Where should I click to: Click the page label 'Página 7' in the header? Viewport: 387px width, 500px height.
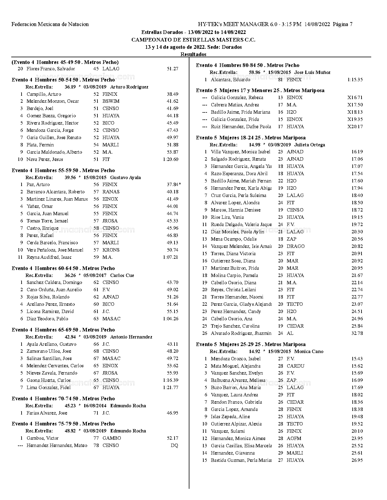pyautogui.click(x=343, y=24)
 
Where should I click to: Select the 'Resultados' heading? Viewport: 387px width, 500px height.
pyautogui.click(x=193, y=55)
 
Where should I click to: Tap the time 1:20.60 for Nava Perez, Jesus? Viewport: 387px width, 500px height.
pyautogui.click(x=171, y=159)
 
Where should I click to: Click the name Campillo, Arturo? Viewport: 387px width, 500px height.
pyautogui.click(x=44, y=94)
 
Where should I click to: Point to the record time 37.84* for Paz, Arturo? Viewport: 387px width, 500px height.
pyautogui.click(x=174, y=185)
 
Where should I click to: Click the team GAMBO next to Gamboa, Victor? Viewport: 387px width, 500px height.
pyautogui.click(x=112, y=438)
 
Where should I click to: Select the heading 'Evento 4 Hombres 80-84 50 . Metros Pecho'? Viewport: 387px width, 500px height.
pyautogui.click(x=247, y=65)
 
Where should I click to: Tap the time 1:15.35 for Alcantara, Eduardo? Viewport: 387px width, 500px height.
pyautogui.click(x=355, y=80)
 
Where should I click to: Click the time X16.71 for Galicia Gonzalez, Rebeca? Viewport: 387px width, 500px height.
pyautogui.click(x=355, y=98)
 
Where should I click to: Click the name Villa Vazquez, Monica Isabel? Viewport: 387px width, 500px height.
pyautogui.click(x=240, y=152)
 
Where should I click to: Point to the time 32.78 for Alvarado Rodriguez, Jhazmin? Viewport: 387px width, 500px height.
pyautogui.click(x=357, y=333)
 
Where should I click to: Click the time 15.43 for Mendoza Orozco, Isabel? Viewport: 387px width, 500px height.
pyautogui.click(x=357, y=359)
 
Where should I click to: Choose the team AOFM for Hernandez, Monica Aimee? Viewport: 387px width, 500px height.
pyautogui.click(x=294, y=438)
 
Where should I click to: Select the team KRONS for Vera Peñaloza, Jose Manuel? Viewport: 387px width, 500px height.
pyautogui.click(x=111, y=250)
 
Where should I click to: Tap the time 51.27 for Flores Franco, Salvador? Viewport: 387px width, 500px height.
pyautogui.click(x=172, y=69)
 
